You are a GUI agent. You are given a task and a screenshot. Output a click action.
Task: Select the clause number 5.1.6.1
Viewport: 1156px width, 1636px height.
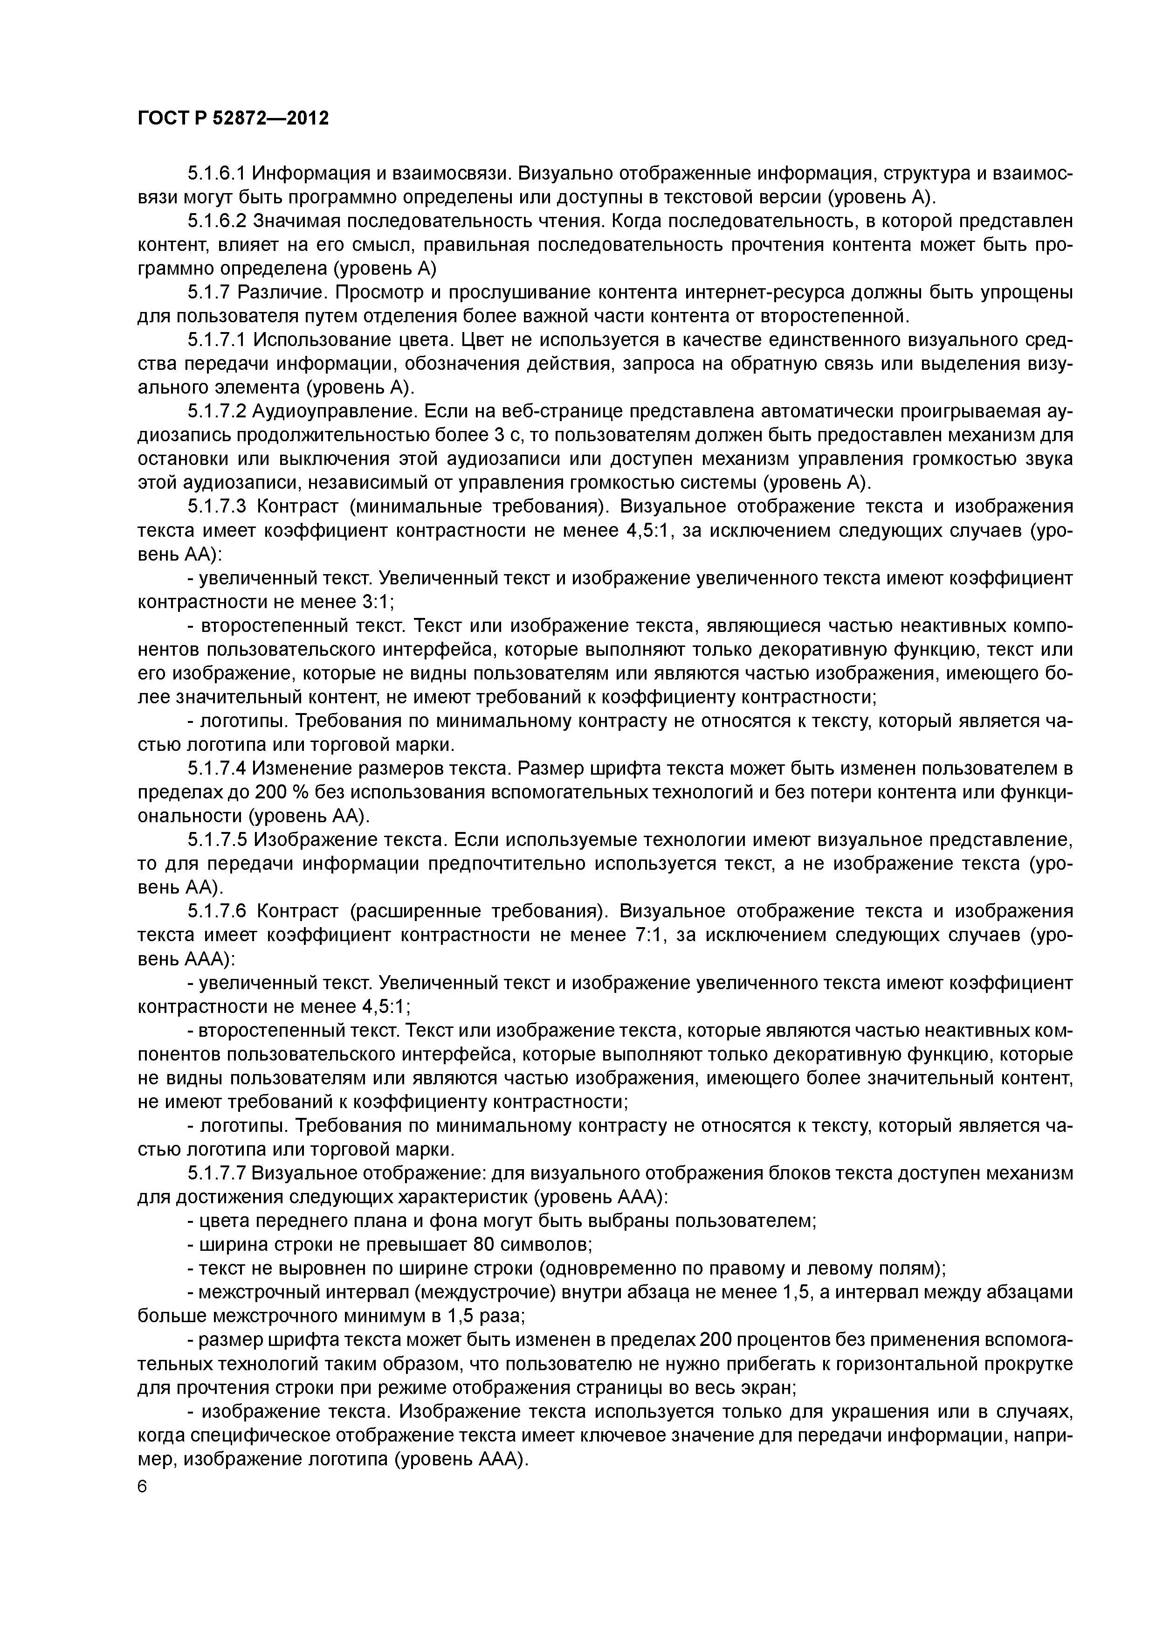217,173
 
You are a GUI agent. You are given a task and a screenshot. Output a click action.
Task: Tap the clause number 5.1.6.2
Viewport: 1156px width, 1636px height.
217,221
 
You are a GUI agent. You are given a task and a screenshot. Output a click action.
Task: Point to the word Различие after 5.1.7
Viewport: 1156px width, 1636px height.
282,292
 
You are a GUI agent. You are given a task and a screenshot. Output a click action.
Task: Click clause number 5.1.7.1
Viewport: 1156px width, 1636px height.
217,340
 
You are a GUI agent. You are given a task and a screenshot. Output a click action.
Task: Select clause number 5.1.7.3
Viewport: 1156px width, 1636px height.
217,506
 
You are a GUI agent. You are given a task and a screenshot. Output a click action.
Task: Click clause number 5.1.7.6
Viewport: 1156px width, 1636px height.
217,911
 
